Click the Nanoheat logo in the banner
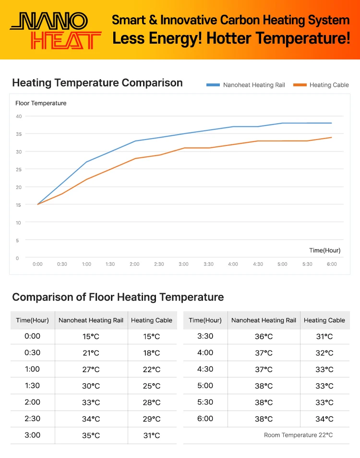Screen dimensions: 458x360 (x=55, y=30)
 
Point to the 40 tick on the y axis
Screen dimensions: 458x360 (x=18, y=116)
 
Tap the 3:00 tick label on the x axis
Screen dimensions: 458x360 (x=183, y=264)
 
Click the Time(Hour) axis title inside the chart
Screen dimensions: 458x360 (x=324, y=250)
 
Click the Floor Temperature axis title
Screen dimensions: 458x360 (x=41, y=103)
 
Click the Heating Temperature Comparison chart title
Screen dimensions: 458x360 (x=97, y=82)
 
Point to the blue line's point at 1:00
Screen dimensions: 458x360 (x=86, y=162)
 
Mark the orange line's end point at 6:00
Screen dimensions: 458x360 (x=331, y=138)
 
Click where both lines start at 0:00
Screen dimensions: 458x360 (x=37, y=204)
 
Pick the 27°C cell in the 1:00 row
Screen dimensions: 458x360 (x=91, y=369)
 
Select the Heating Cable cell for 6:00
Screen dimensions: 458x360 (x=324, y=419)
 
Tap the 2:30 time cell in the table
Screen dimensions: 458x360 (x=32, y=419)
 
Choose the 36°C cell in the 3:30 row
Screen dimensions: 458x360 (x=264, y=337)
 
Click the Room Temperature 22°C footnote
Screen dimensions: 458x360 (x=298, y=435)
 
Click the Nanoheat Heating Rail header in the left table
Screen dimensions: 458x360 (x=91, y=320)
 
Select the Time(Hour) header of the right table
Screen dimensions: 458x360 (x=205, y=320)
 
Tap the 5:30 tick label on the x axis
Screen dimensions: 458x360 (x=307, y=264)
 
